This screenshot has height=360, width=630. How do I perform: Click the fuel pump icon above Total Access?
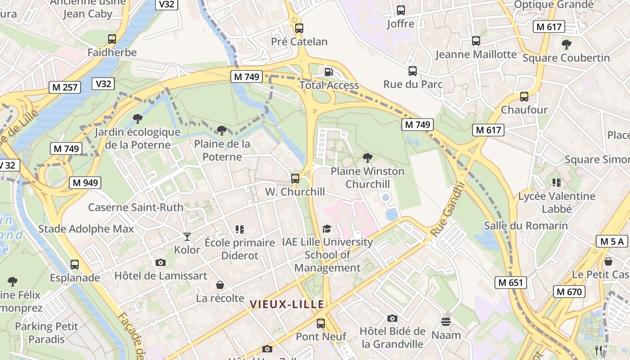(329, 72)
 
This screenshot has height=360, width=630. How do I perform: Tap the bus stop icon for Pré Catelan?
(299, 28)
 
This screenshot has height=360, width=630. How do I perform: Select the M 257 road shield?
(65, 87)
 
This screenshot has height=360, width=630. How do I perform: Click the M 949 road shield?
(85, 182)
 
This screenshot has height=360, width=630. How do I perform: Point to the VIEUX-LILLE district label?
(287, 304)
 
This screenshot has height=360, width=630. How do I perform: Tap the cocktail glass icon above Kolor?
(187, 236)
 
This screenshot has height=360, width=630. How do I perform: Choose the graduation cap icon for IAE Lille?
(327, 229)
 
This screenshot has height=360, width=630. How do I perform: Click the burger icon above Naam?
(446, 321)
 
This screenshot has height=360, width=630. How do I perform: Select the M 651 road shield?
(511, 283)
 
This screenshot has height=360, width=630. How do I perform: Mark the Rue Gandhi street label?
(447, 209)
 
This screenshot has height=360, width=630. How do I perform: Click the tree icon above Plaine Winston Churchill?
(368, 158)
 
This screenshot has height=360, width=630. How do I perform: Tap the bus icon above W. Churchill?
(295, 178)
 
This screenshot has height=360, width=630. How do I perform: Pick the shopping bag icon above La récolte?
(220, 284)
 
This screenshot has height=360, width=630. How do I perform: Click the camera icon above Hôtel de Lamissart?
(161, 262)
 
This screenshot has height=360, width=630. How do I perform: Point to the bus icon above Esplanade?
(75, 264)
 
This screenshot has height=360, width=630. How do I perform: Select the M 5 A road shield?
(612, 241)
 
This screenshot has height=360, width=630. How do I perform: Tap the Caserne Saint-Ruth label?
(135, 207)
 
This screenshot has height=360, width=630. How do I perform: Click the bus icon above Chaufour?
(524, 96)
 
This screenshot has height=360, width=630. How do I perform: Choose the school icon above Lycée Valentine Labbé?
(557, 183)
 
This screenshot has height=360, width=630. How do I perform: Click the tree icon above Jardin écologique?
(138, 119)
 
